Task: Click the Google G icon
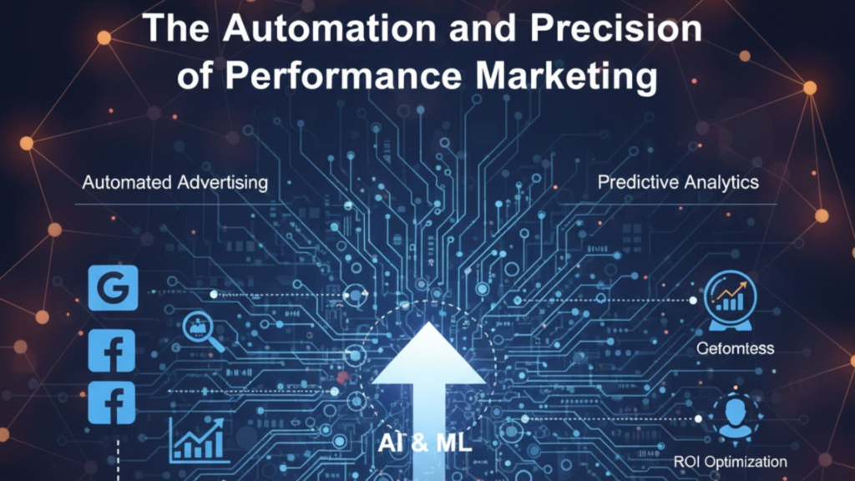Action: tap(112, 286)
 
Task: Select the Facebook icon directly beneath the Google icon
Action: tap(112, 351)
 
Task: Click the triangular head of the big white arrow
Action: tap(427, 355)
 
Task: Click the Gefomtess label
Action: tap(735, 348)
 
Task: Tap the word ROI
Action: tap(686, 462)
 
